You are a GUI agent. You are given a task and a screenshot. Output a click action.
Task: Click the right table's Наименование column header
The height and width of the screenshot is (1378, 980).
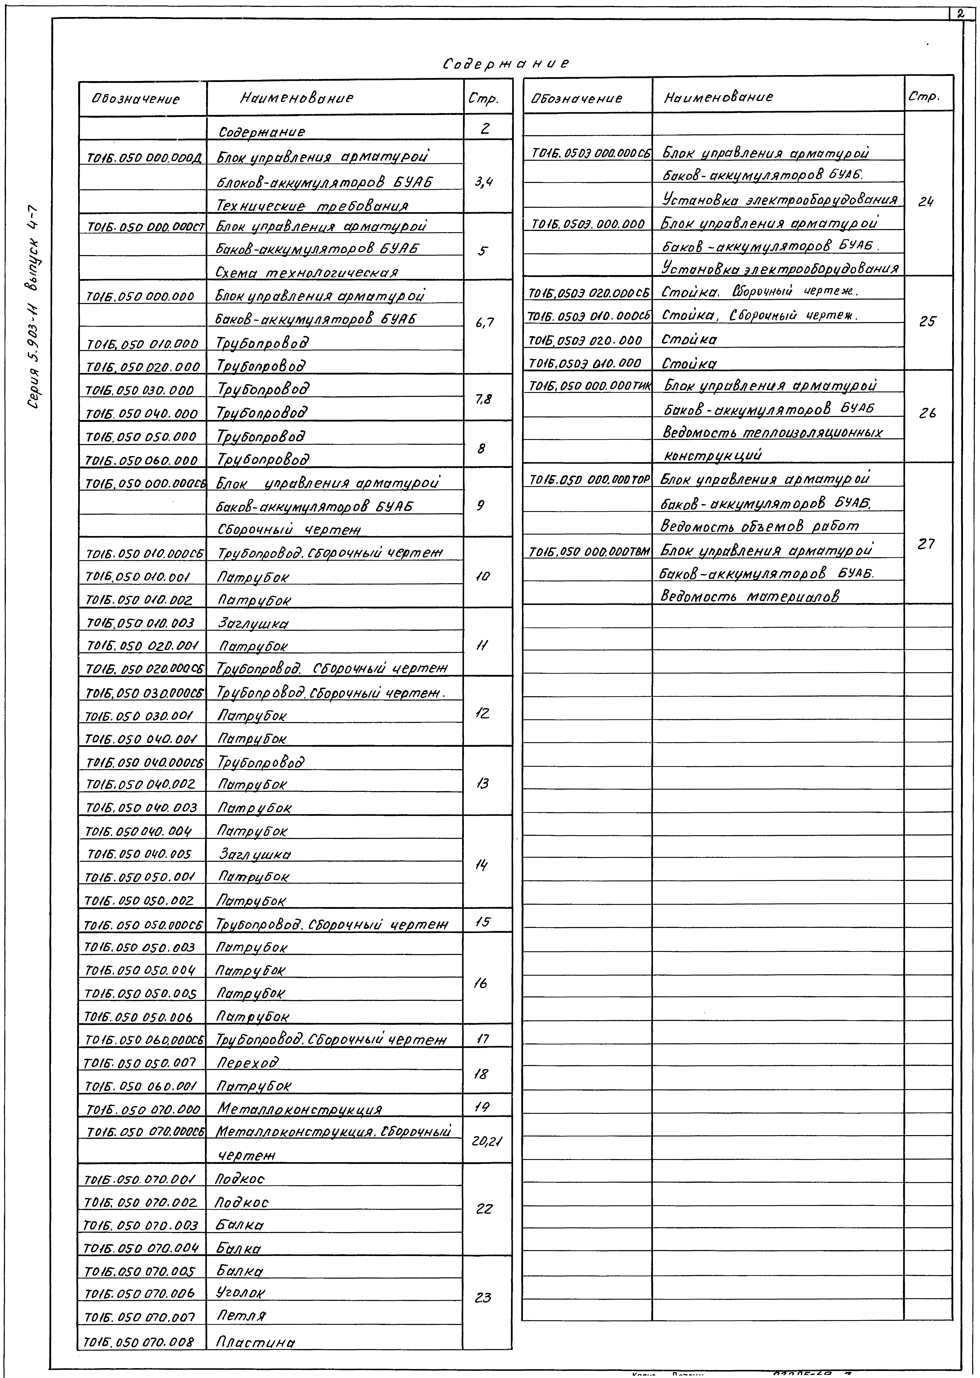(718, 97)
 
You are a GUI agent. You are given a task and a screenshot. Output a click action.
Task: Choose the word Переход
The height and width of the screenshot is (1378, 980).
(247, 1063)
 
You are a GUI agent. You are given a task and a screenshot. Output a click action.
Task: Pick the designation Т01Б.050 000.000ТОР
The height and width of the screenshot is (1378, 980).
(588, 480)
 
